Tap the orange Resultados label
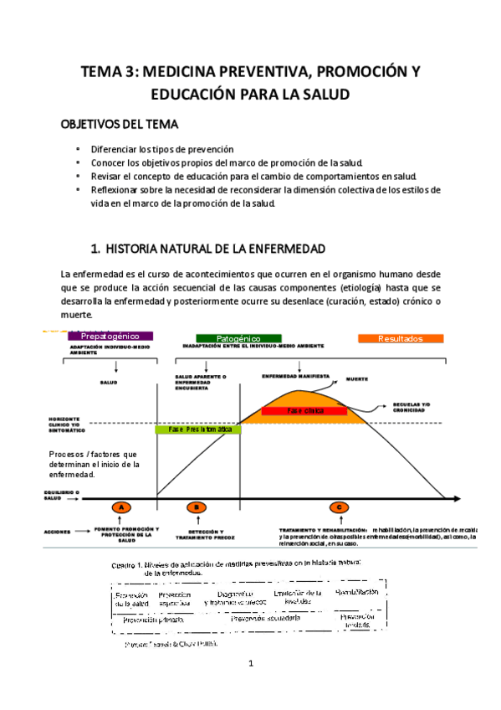click(401, 338)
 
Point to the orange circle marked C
click(339, 507)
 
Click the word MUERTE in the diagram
click(358, 379)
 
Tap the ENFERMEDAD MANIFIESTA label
click(295, 375)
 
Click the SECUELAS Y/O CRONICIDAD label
click(411, 408)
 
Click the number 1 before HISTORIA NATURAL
click(94, 249)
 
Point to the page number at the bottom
click(250, 665)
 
